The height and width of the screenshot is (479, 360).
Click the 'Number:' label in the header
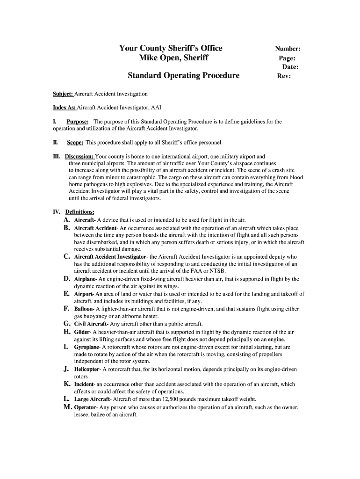tap(288, 49)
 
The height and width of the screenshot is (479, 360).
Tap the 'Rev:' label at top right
tap(284, 76)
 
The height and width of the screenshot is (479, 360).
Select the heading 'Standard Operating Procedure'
tap(184, 75)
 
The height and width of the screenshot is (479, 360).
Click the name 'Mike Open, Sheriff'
tap(173, 58)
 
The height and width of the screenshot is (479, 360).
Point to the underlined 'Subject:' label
tap(63, 94)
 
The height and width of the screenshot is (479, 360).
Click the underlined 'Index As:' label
tap(65, 108)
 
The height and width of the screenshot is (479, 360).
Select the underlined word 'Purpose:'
tap(78, 122)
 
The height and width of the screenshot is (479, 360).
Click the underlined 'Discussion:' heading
tap(79, 156)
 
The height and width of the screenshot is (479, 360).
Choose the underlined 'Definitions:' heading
tap(79, 211)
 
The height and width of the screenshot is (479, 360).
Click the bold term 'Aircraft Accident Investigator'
tap(110, 257)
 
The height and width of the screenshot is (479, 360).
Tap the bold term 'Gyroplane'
tap(86, 347)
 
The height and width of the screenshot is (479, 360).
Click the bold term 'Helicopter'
tap(87, 369)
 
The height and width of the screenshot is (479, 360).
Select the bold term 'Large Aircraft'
tap(92, 399)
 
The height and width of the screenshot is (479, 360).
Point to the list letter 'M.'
tap(67, 407)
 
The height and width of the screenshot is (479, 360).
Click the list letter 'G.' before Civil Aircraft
tap(67, 323)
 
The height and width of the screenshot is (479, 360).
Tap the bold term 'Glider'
tap(82, 332)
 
